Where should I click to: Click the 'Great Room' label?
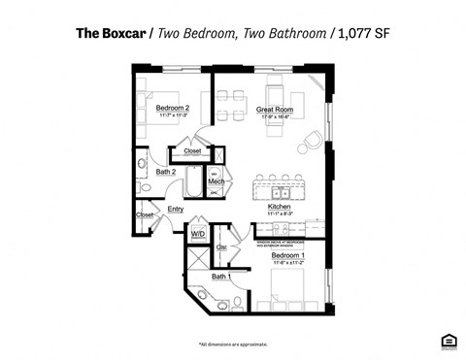tap(276, 110)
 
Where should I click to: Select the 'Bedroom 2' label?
tap(173, 108)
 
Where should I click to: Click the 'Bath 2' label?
tap(166, 172)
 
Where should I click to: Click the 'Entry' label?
tap(176, 209)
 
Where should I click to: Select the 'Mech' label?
tap(216, 181)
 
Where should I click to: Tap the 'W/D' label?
tap(197, 234)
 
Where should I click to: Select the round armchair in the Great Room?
tap(310, 144)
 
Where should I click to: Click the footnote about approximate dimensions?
tap(233, 344)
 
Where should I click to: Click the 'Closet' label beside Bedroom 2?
tap(192, 150)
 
